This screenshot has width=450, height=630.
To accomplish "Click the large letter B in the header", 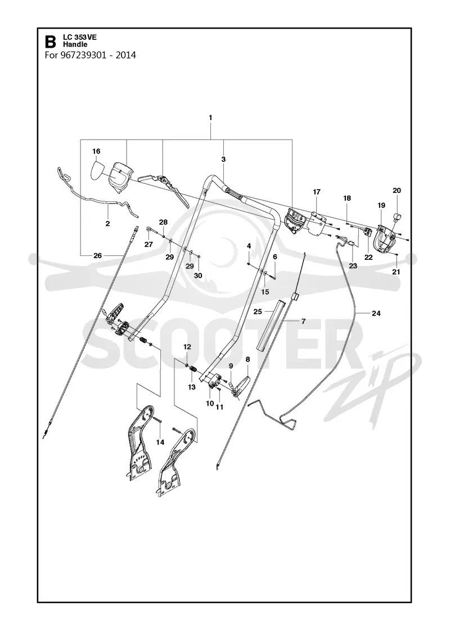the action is [x=51, y=42].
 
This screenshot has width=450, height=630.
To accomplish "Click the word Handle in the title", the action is [x=73, y=44].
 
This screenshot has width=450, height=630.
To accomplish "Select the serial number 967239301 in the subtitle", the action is [x=84, y=55].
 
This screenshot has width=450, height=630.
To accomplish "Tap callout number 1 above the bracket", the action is [x=210, y=118].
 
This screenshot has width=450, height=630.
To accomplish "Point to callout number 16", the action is [x=96, y=151].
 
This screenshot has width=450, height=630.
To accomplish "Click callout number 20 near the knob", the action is [x=397, y=191].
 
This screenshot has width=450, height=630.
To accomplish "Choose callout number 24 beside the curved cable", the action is [x=376, y=313].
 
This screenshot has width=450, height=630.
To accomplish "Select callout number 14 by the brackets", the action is [x=160, y=442].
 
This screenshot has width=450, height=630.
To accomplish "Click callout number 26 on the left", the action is [x=98, y=255].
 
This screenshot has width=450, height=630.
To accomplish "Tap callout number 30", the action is [x=198, y=276].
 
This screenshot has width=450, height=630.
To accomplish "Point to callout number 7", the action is [x=303, y=321].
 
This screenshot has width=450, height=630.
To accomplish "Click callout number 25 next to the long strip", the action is [x=258, y=312].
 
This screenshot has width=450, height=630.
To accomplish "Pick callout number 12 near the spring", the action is [x=187, y=346].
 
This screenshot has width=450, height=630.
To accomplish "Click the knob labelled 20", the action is [x=397, y=217].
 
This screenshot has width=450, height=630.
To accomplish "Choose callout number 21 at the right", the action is [x=397, y=272].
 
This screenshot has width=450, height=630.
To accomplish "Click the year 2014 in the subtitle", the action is [x=126, y=55].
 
